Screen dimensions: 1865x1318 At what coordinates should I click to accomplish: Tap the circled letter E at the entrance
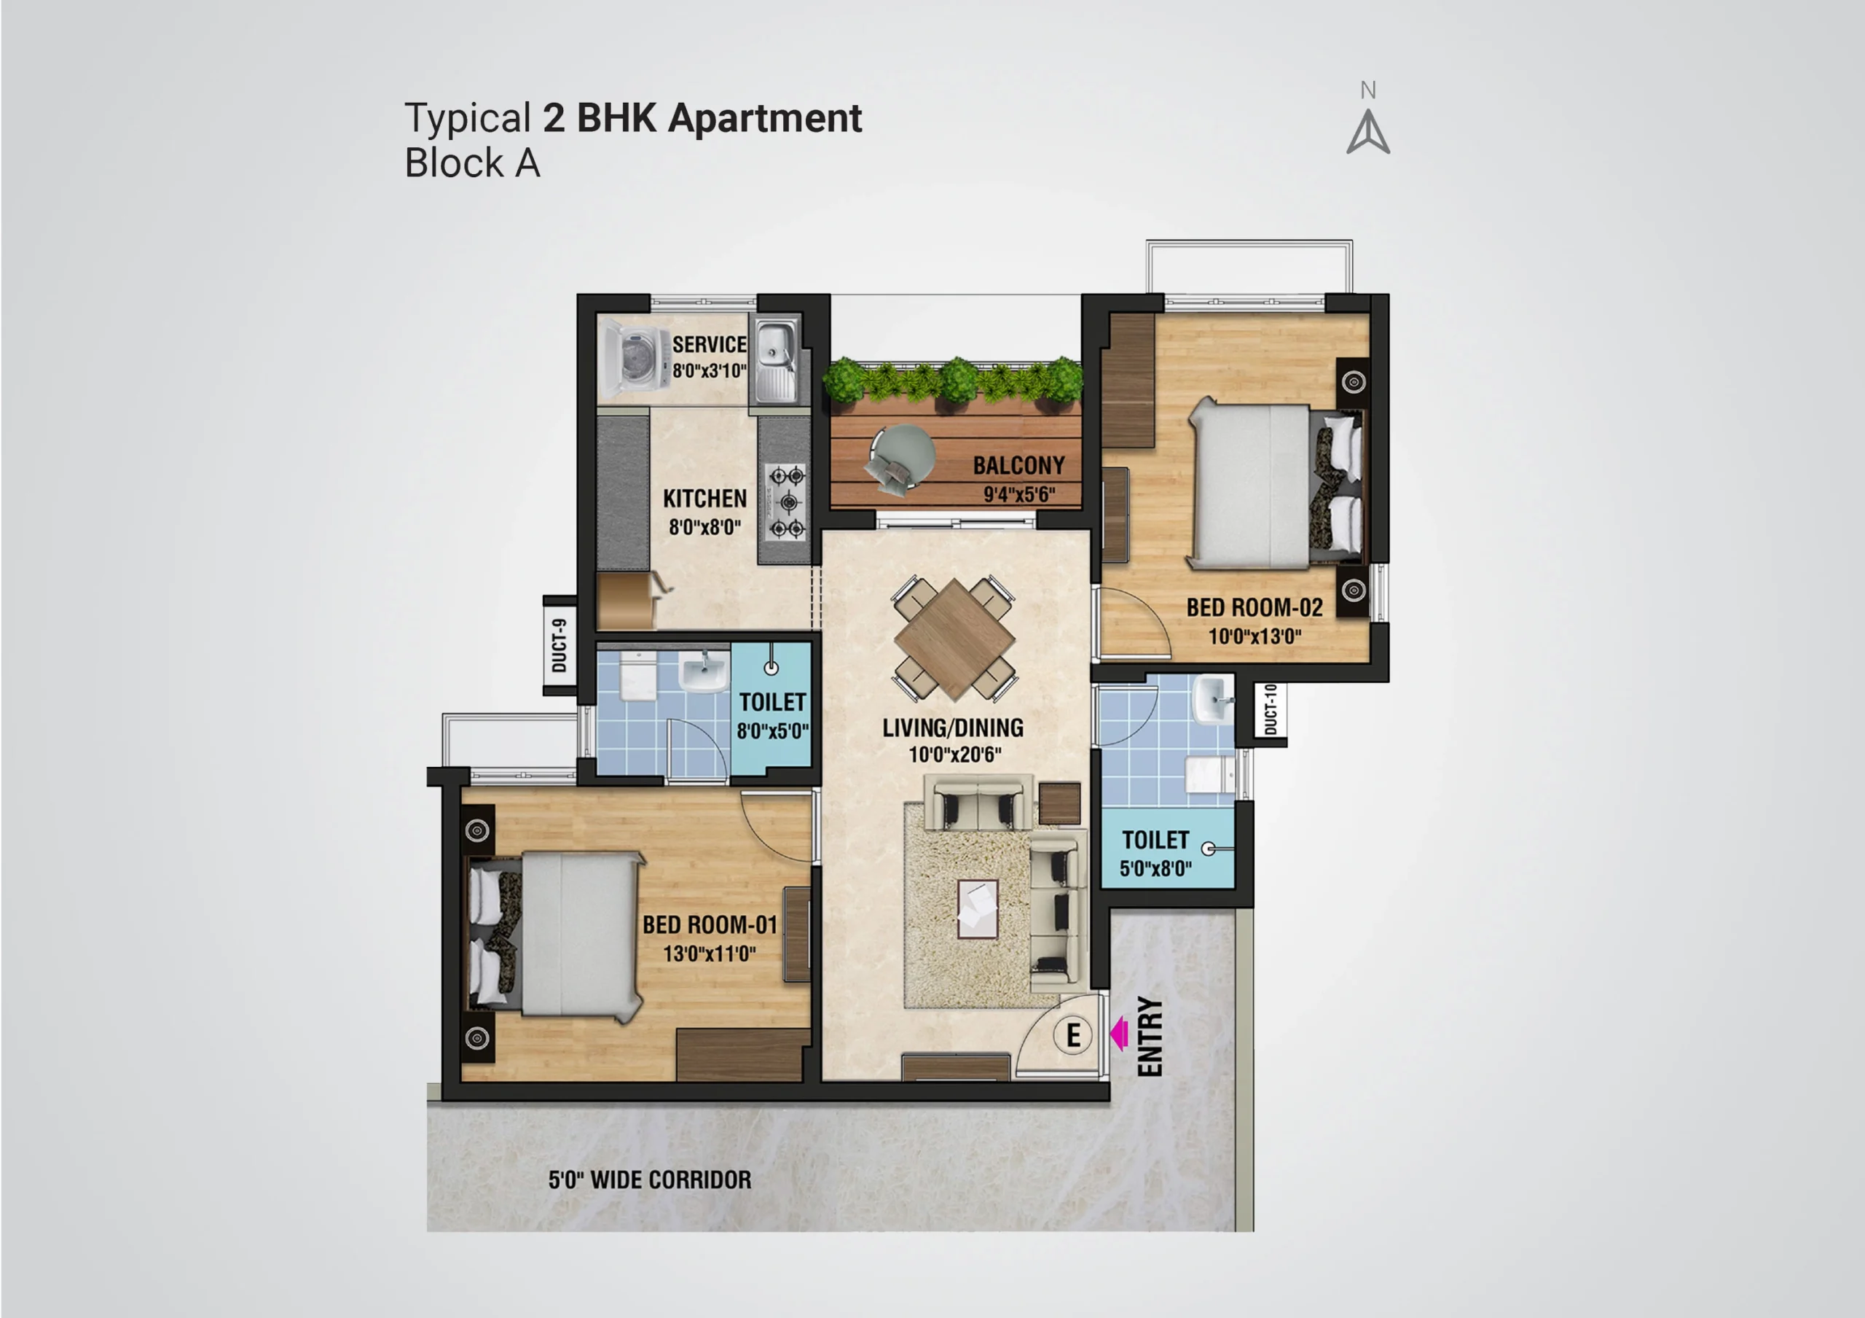(1073, 1035)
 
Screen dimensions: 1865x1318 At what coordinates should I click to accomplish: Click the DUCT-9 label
(559, 645)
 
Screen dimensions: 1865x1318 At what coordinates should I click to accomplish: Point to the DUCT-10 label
(1271, 709)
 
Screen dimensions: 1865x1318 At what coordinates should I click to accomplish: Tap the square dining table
(954, 639)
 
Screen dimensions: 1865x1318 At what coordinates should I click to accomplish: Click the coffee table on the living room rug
(978, 909)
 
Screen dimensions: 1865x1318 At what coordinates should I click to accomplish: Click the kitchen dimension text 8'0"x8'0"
(705, 527)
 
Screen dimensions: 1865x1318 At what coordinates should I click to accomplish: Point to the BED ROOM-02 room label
(1255, 607)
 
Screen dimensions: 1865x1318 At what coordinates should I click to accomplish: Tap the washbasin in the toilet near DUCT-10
(1214, 699)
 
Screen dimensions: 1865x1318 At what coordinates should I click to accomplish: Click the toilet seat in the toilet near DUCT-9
(638, 676)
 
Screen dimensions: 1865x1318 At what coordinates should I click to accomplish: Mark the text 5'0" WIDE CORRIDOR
(650, 1180)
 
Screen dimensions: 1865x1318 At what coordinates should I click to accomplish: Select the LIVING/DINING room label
(953, 728)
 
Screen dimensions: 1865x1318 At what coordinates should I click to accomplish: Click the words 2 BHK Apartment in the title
(702, 119)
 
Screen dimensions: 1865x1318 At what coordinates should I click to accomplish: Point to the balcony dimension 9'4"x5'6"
(1019, 494)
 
